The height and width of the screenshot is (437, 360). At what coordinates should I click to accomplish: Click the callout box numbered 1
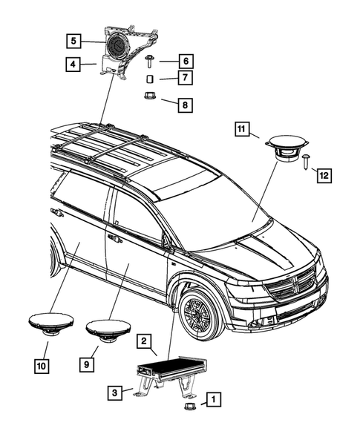pyautogui.click(x=212, y=401)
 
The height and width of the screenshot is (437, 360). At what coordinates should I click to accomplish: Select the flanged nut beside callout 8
pyautogui.click(x=148, y=96)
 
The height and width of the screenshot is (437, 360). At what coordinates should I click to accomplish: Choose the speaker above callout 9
pyautogui.click(x=108, y=328)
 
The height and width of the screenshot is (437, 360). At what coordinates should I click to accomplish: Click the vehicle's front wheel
pyautogui.click(x=199, y=312)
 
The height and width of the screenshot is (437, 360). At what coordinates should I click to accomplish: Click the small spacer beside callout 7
pyautogui.click(x=149, y=78)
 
